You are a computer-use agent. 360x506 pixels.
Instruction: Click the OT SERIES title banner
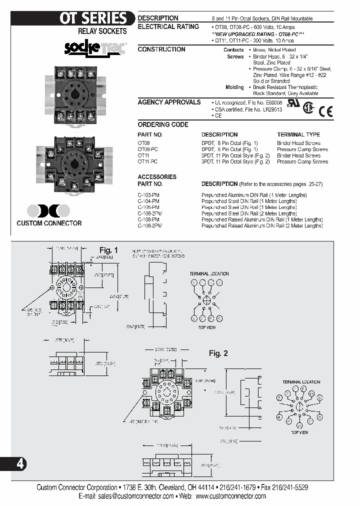93,18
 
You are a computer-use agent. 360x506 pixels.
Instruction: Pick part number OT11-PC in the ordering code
147,162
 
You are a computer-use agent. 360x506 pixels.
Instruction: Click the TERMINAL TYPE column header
298,134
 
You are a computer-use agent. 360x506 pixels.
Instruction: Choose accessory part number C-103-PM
148,194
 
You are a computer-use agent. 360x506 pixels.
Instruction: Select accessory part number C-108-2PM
150,226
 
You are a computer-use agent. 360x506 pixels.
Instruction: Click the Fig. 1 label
108,250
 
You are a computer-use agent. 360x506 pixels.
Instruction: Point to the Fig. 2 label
218,353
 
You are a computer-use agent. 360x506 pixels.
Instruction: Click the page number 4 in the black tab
20,464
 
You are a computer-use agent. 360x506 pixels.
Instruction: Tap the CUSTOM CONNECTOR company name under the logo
49,223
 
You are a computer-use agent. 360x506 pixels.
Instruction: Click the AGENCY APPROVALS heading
169,102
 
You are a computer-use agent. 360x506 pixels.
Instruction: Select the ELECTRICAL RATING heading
168,26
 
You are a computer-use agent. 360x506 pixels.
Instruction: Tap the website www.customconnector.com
230,496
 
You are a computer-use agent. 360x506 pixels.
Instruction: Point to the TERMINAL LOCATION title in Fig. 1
209,274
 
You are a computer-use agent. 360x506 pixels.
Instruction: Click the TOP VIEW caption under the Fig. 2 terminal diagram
300,432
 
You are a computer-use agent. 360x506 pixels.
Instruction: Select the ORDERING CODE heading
162,124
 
